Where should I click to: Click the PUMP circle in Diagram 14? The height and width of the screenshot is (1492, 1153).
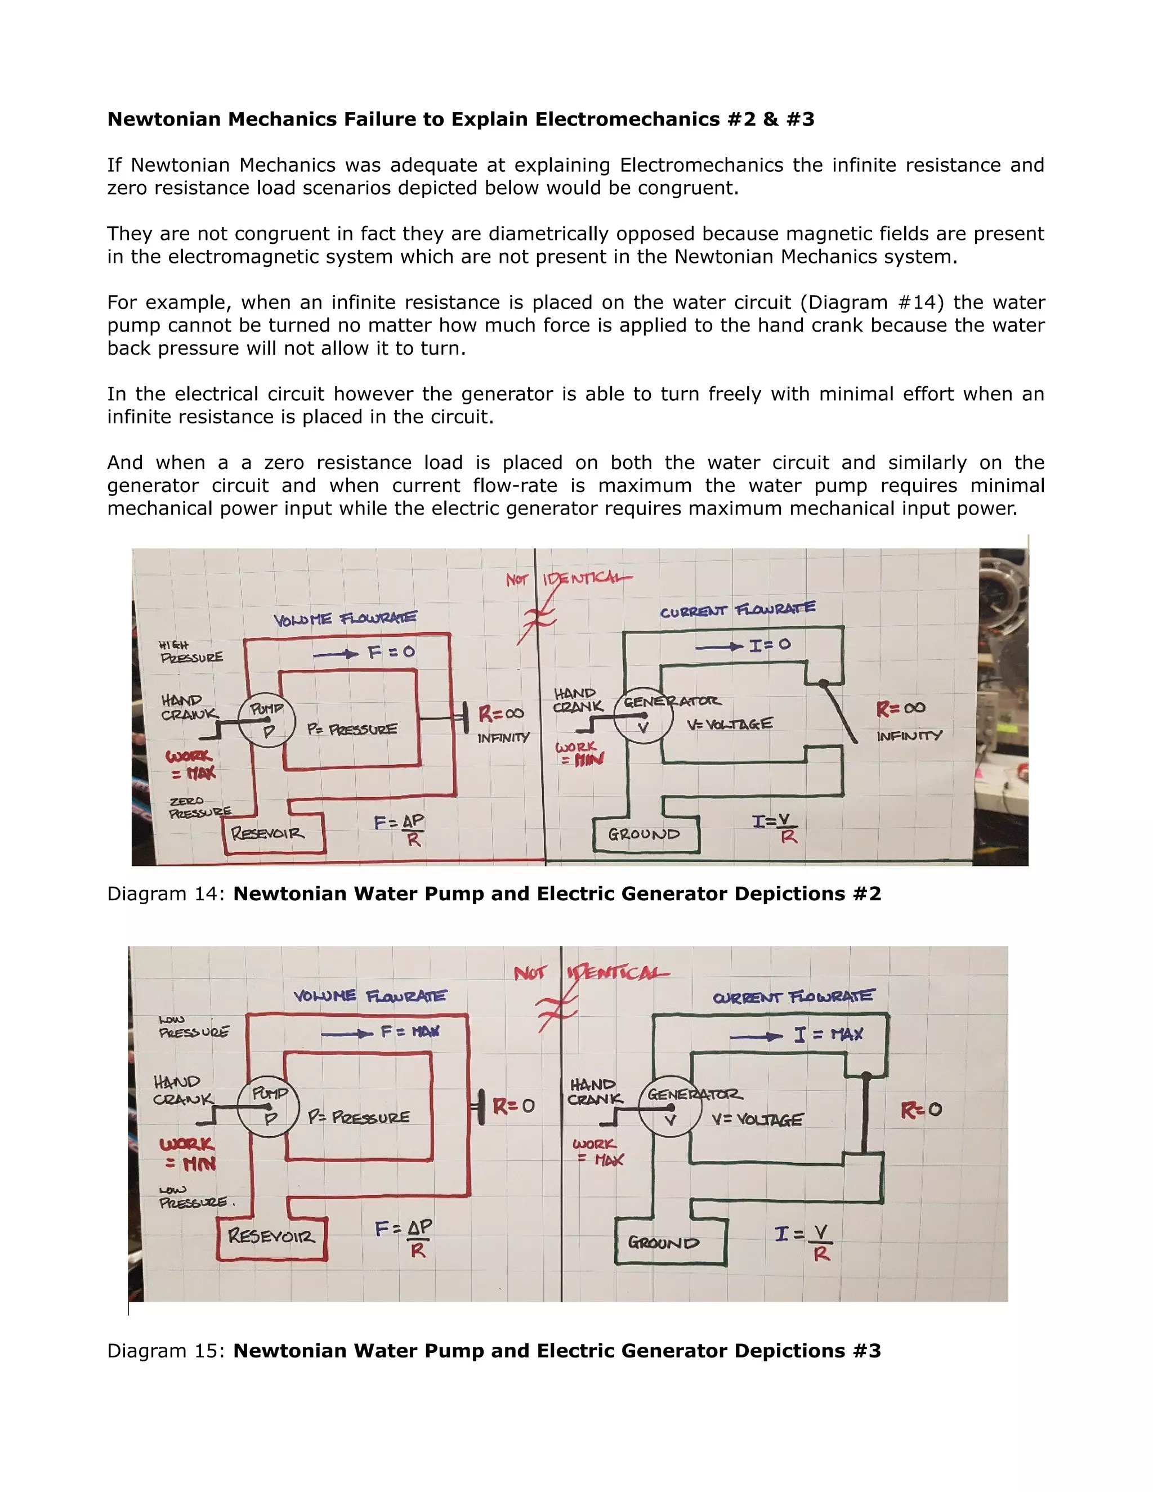pyautogui.click(x=267, y=721)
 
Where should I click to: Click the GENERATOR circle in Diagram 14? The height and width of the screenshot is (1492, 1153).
pyautogui.click(x=642, y=714)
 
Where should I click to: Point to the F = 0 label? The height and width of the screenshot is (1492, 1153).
pyautogui.click(x=391, y=653)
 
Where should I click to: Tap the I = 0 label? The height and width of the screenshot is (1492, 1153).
pyautogui.click(x=769, y=645)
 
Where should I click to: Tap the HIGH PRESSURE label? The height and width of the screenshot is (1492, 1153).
pyautogui.click(x=191, y=652)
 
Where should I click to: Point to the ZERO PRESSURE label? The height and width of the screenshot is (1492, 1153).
pyautogui.click(x=199, y=807)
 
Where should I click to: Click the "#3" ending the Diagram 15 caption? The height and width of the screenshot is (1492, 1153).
pyautogui.click(x=866, y=1351)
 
